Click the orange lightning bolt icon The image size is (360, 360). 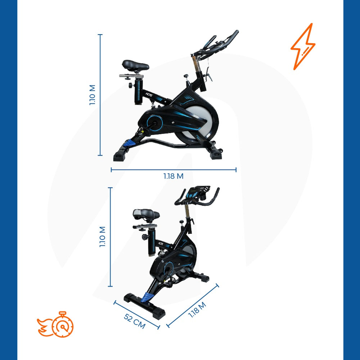point(303,46)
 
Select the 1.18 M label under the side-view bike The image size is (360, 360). point(173,176)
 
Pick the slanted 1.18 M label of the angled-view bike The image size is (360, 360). point(197,309)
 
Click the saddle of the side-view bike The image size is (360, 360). point(135,66)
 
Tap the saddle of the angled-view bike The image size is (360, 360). point(146,215)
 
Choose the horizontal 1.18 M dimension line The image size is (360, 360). point(174,170)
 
